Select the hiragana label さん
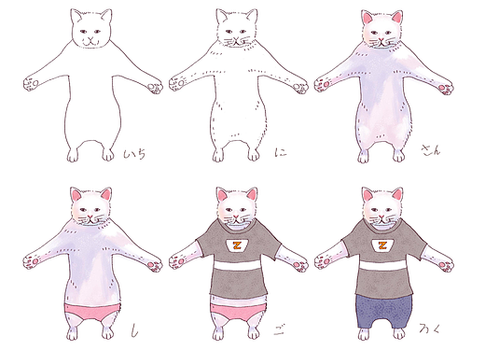coord(430,148)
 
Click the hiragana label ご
coord(277,329)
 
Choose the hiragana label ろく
coord(432,329)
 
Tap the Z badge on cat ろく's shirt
coord(382,245)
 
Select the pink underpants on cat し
coord(90,310)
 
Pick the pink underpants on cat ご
coord(238,310)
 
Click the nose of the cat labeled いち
coord(90,38)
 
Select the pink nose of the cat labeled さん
coord(382,38)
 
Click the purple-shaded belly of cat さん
coord(382,103)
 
